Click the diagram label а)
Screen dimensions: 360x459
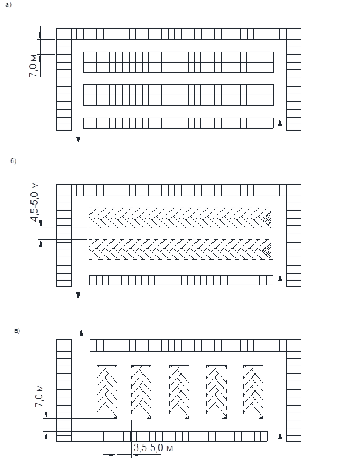(8, 5)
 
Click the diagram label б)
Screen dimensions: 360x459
(13, 161)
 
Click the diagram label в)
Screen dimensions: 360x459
(17, 331)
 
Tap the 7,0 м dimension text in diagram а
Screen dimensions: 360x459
(33, 66)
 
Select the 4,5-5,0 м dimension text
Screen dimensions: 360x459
(35, 202)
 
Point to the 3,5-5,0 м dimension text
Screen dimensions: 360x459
(154, 448)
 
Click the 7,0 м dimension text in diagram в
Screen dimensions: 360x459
(39, 396)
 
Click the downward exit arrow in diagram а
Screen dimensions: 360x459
(78, 134)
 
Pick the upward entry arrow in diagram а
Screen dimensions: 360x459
(280, 127)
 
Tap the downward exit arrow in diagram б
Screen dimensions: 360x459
(78, 290)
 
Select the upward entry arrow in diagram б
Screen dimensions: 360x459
(280, 284)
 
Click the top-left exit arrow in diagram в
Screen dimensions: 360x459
(81, 338)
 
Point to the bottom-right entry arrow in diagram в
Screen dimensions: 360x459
(280, 441)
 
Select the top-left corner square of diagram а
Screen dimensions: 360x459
(64, 34)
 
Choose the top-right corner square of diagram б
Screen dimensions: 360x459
(294, 190)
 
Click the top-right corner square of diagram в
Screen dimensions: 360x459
(294, 345)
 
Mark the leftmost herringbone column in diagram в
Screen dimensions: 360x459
(107, 392)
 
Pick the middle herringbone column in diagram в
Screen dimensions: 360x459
(180, 392)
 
